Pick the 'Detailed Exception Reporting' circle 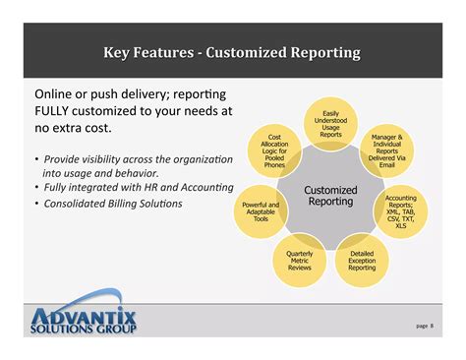pos(361,260)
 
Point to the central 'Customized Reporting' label pos(330,196)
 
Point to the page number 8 pos(432,326)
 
